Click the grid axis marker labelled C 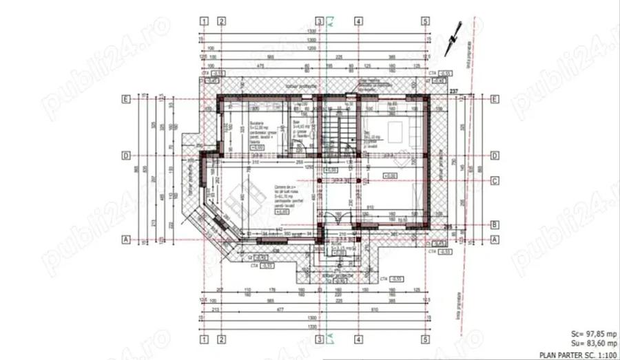[x=495, y=182]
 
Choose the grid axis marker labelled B [x=495, y=224]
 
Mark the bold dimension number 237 [x=454, y=91]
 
